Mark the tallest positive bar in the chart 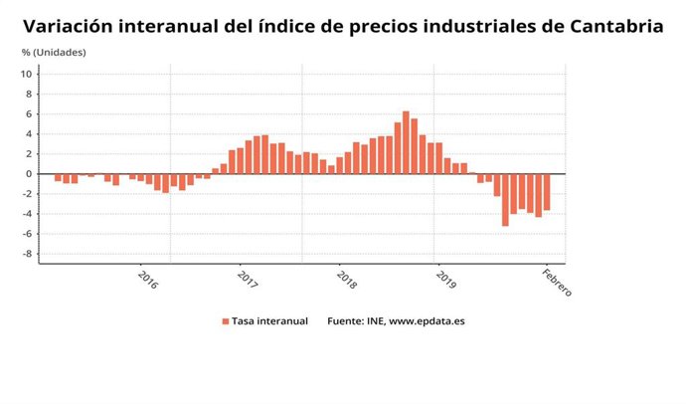(x=406, y=141)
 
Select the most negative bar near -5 (x=505, y=199)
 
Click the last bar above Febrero (x=547, y=191)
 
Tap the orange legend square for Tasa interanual (x=226, y=321)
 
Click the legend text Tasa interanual (x=270, y=321)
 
